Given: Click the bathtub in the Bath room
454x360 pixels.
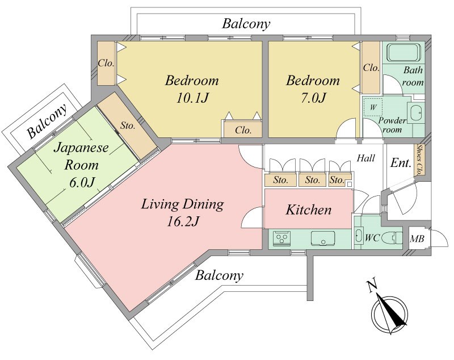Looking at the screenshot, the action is [x=403, y=52].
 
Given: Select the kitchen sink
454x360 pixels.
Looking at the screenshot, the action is [x=323, y=238].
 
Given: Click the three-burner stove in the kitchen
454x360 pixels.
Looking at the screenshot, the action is [x=281, y=238].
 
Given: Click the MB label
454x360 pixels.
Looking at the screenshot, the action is [x=417, y=238].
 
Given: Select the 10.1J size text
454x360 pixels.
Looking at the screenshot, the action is [x=192, y=98].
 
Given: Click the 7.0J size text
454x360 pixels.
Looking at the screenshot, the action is [x=313, y=97].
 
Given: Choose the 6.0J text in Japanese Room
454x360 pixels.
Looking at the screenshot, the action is [x=82, y=182].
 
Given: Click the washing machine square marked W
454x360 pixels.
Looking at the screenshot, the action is [x=373, y=107].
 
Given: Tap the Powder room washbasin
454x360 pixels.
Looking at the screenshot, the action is [x=416, y=111].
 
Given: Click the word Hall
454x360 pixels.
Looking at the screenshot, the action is [x=365, y=158].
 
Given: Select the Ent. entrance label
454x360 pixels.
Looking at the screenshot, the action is [x=401, y=163].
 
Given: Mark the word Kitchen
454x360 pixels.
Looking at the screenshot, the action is [x=309, y=210].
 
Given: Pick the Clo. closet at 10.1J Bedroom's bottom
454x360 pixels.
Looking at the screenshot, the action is [x=243, y=130].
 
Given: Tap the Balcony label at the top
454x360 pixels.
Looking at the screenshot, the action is [x=246, y=24].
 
